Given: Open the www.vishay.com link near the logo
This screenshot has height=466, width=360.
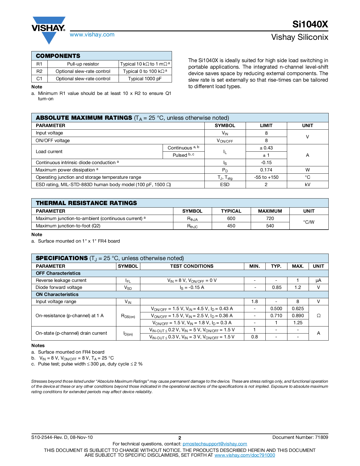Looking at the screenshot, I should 92,35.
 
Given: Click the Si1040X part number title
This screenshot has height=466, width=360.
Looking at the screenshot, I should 310,25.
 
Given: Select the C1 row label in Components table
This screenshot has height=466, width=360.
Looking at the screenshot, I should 39,79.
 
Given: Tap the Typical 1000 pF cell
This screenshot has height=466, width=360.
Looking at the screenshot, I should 145,79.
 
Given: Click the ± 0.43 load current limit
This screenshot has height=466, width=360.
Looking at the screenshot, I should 266,148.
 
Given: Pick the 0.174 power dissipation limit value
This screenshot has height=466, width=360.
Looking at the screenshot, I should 266,170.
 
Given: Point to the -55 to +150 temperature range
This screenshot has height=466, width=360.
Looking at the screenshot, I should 266,177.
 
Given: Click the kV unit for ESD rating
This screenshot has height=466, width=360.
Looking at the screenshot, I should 307,185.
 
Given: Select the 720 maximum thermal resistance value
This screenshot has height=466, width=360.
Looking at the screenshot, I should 270,219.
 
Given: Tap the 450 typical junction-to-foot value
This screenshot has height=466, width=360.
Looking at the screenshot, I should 231,226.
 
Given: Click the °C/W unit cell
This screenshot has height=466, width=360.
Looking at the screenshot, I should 309,222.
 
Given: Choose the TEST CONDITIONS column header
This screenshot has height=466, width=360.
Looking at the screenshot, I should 192,266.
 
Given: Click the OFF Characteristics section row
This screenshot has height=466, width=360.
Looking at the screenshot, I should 58,273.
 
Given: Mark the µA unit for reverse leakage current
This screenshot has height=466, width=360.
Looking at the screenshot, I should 318,280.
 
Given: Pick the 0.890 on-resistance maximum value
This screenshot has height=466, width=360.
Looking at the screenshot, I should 298,316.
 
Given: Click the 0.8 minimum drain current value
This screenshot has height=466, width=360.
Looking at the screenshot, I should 254,337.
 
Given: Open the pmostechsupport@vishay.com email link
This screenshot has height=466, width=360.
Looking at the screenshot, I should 215,444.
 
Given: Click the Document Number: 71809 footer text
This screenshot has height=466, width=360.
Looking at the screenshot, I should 300,437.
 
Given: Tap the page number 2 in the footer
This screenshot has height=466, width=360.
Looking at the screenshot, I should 180,438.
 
